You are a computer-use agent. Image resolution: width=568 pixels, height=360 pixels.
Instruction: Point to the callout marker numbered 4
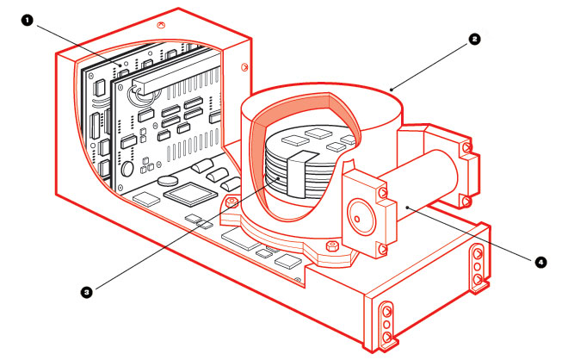tap(540, 262)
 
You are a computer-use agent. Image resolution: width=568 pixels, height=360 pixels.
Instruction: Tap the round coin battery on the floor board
tap(168, 180)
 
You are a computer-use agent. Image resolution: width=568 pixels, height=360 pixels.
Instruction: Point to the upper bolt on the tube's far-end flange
tap(466, 147)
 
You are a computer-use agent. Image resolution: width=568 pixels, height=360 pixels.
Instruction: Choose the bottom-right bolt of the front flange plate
tap(381, 250)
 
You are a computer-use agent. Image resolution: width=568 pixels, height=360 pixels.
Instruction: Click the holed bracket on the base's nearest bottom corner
tap(386, 323)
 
